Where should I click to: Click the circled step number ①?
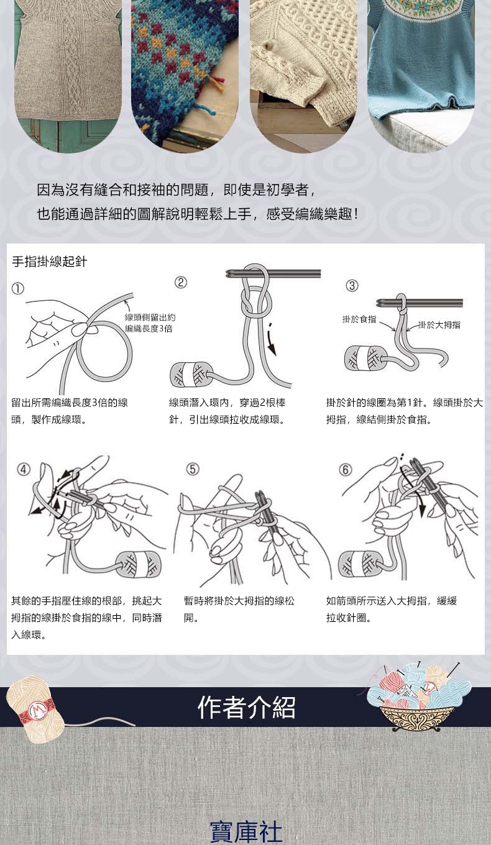(x=18, y=289)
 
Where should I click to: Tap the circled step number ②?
(x=181, y=282)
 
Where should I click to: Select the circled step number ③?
(x=352, y=286)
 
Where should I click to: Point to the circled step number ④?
(x=24, y=469)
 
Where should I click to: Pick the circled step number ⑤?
(x=193, y=469)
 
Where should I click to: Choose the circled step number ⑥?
(x=345, y=470)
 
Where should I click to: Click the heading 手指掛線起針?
(x=50, y=262)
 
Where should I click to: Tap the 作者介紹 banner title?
(x=246, y=707)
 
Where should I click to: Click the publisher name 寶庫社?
(x=246, y=831)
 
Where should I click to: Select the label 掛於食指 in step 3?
(x=359, y=319)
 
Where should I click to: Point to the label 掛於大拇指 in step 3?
(x=439, y=325)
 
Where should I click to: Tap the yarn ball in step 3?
(x=364, y=358)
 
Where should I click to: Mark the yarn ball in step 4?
(x=140, y=564)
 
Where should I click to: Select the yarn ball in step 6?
(x=359, y=564)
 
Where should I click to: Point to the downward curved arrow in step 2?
(x=271, y=339)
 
